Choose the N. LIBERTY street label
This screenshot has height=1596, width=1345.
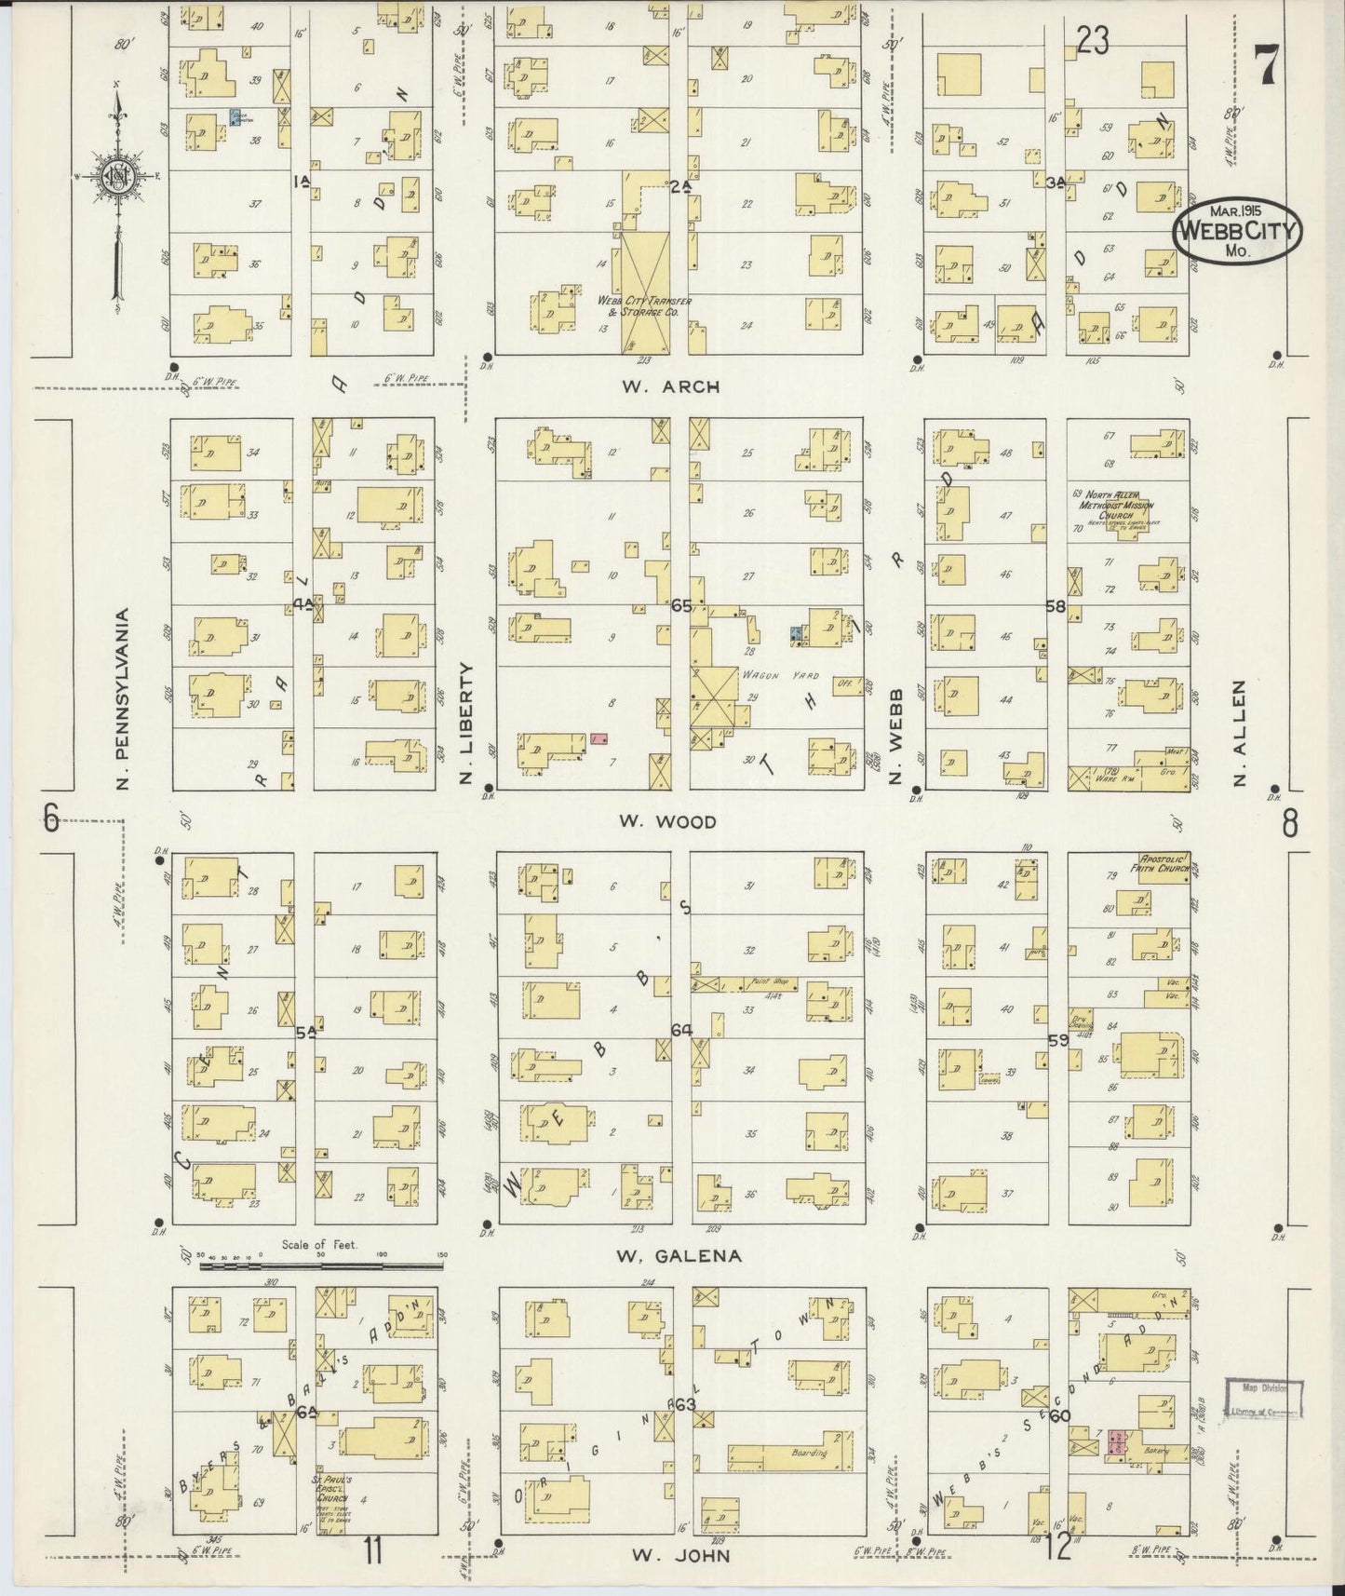(x=468, y=723)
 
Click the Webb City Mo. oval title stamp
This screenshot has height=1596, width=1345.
(x=1237, y=230)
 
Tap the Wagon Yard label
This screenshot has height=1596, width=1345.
(x=765, y=675)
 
